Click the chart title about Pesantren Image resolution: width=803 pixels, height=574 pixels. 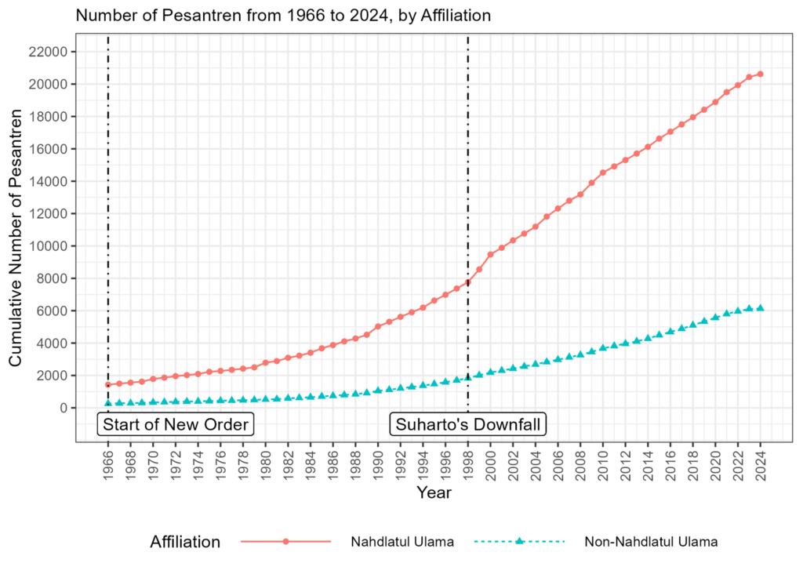(x=283, y=15)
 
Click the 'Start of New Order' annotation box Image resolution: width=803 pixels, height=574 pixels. (x=176, y=425)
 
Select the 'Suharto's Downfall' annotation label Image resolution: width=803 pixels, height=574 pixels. (x=467, y=425)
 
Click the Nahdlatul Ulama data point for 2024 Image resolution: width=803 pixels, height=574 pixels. (x=760, y=74)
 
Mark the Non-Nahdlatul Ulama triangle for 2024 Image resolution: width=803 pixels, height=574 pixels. (x=760, y=308)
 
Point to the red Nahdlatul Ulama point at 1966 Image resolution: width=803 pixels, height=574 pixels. (x=108, y=384)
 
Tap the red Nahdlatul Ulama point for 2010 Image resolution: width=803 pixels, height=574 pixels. (x=603, y=173)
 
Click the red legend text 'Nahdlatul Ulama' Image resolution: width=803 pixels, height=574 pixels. (x=402, y=542)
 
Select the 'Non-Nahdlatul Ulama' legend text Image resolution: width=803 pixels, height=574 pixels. (x=651, y=542)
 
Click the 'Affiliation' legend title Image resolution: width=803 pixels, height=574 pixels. (x=185, y=542)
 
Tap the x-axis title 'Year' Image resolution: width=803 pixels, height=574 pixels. (x=434, y=493)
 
